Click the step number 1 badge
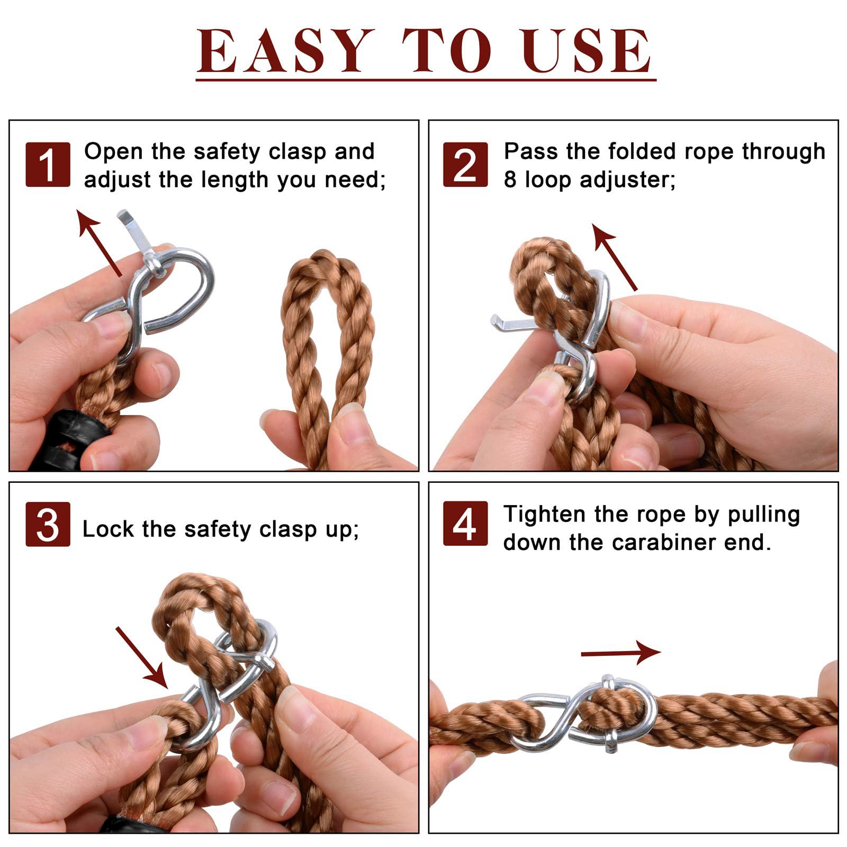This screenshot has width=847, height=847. tap(48, 165)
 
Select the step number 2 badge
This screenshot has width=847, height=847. tap(465, 165)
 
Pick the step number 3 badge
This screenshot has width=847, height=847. tap(48, 524)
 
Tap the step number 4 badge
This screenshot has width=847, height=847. tap(465, 524)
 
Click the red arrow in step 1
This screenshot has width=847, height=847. tap(99, 242)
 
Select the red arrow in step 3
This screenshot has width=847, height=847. tap(142, 657)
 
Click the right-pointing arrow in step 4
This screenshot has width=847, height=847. tap(621, 653)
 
